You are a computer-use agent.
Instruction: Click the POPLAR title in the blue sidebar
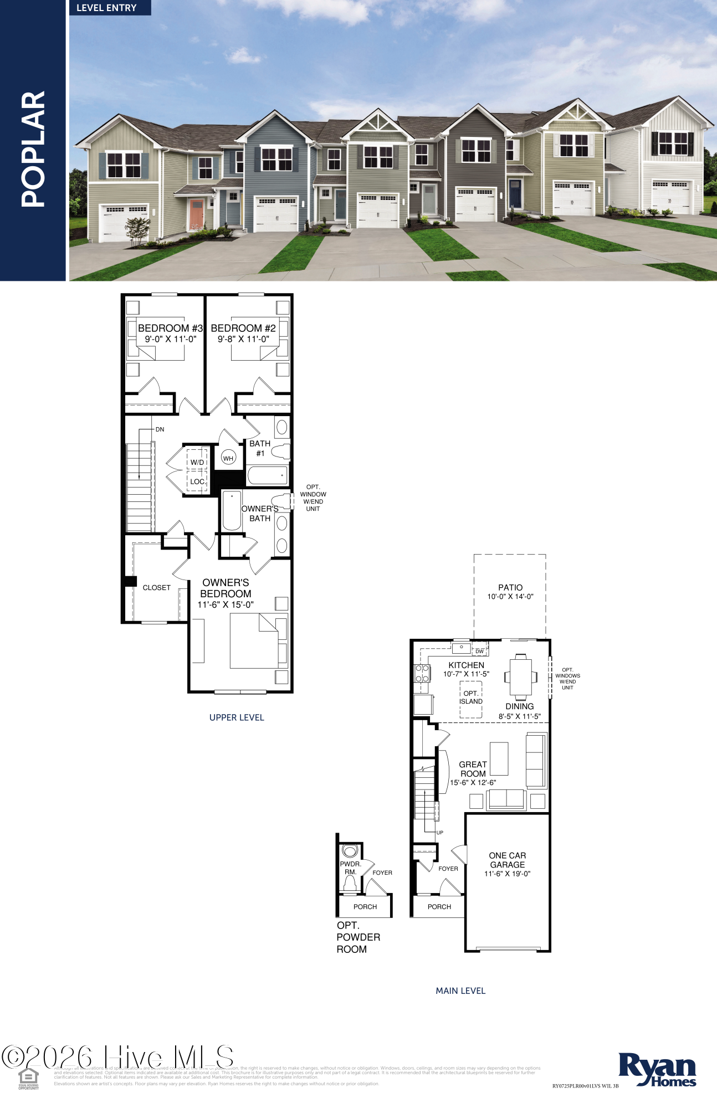click(x=33, y=149)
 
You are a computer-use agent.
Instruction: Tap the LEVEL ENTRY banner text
click(x=106, y=8)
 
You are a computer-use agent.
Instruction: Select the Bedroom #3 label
click(x=170, y=329)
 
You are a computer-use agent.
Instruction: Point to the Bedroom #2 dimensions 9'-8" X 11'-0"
click(x=243, y=339)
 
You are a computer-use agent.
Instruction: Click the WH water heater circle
click(x=228, y=458)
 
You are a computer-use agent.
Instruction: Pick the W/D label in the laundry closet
click(x=197, y=462)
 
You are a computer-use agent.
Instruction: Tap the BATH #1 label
click(x=260, y=448)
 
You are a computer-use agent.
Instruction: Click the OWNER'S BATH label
click(x=259, y=513)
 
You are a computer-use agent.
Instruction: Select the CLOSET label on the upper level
click(x=156, y=588)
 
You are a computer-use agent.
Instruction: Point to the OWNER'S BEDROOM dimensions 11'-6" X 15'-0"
click(x=226, y=604)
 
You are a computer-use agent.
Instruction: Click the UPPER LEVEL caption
click(x=237, y=717)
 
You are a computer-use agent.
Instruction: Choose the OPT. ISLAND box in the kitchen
click(x=470, y=698)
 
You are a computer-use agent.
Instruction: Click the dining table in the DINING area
click(x=520, y=676)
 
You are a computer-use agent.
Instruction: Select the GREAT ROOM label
click(x=473, y=769)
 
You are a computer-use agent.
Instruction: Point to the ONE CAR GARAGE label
click(x=507, y=860)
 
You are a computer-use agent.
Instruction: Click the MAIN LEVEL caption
click(x=460, y=991)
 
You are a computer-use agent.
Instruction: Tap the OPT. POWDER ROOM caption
click(x=358, y=937)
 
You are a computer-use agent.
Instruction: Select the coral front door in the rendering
click(x=196, y=214)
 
